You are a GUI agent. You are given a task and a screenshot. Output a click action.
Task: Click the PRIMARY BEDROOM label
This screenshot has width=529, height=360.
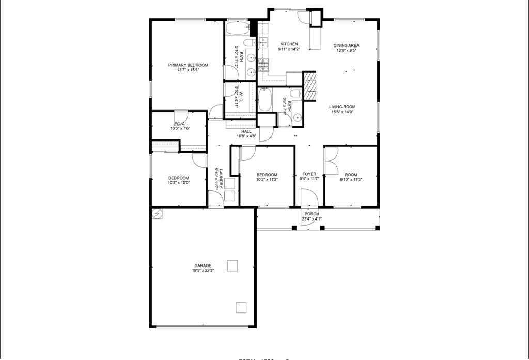(x=188, y=65)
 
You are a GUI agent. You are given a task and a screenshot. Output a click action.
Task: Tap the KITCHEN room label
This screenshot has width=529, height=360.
(x=289, y=44)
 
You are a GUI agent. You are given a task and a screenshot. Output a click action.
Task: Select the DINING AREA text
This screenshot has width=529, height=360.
(x=346, y=45)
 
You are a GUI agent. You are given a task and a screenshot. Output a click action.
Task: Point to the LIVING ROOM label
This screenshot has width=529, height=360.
(x=343, y=107)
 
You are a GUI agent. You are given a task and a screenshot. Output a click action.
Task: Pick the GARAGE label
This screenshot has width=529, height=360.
(x=203, y=265)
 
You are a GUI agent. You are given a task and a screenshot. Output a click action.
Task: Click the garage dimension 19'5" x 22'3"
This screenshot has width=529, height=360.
(x=203, y=271)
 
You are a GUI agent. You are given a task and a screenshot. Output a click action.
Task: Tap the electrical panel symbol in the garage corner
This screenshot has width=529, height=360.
(x=157, y=213)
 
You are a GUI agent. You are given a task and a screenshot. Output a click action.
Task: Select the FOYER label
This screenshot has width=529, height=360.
(x=309, y=174)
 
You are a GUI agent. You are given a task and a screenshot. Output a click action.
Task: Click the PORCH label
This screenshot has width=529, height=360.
(x=312, y=214)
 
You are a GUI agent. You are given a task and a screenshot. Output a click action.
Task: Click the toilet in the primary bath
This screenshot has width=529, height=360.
(x=249, y=42)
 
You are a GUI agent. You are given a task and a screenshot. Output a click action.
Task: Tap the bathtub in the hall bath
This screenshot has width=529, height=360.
(x=264, y=100)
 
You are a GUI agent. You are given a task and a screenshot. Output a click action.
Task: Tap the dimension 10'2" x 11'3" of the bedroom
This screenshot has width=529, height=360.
(x=267, y=180)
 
